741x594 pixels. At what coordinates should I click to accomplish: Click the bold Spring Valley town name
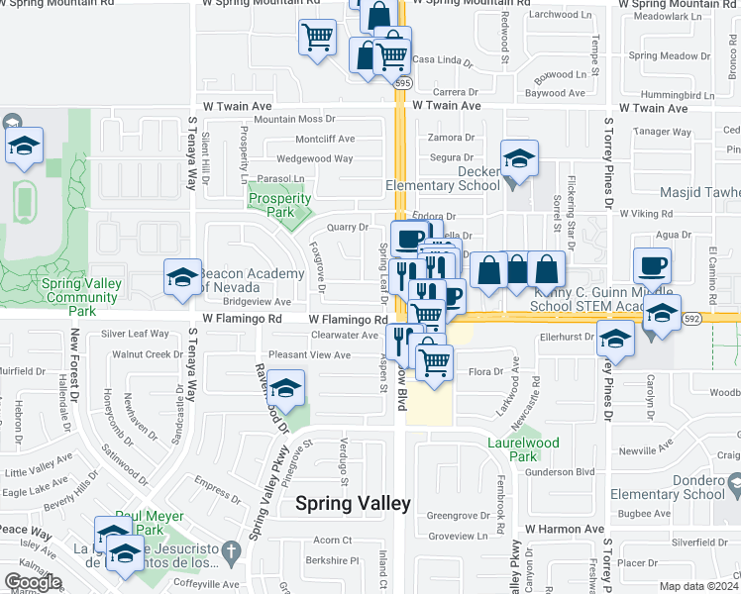[x=353, y=503]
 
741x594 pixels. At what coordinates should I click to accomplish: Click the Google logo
[x=33, y=582]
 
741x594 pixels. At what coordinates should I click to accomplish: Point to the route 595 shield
[x=400, y=83]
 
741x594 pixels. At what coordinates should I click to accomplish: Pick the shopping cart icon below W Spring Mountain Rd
[x=317, y=39]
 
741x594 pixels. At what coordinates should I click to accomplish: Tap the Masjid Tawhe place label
[x=699, y=191]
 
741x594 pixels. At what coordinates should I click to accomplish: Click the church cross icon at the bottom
[x=230, y=550]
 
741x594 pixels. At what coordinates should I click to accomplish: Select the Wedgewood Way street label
[x=315, y=158]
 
